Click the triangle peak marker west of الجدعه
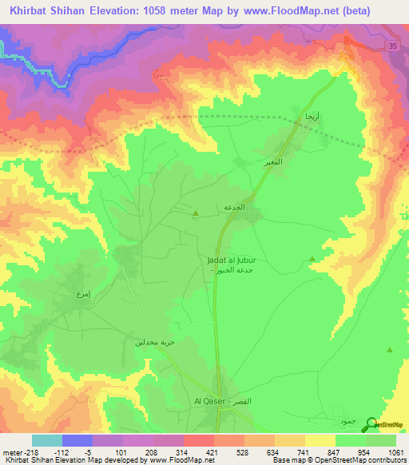click(x=197, y=213)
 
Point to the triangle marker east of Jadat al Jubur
click(x=312, y=258)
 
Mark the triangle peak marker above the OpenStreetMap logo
click(x=389, y=350)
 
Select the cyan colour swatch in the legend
click(x=47, y=440)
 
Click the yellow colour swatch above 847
click(x=320, y=440)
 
